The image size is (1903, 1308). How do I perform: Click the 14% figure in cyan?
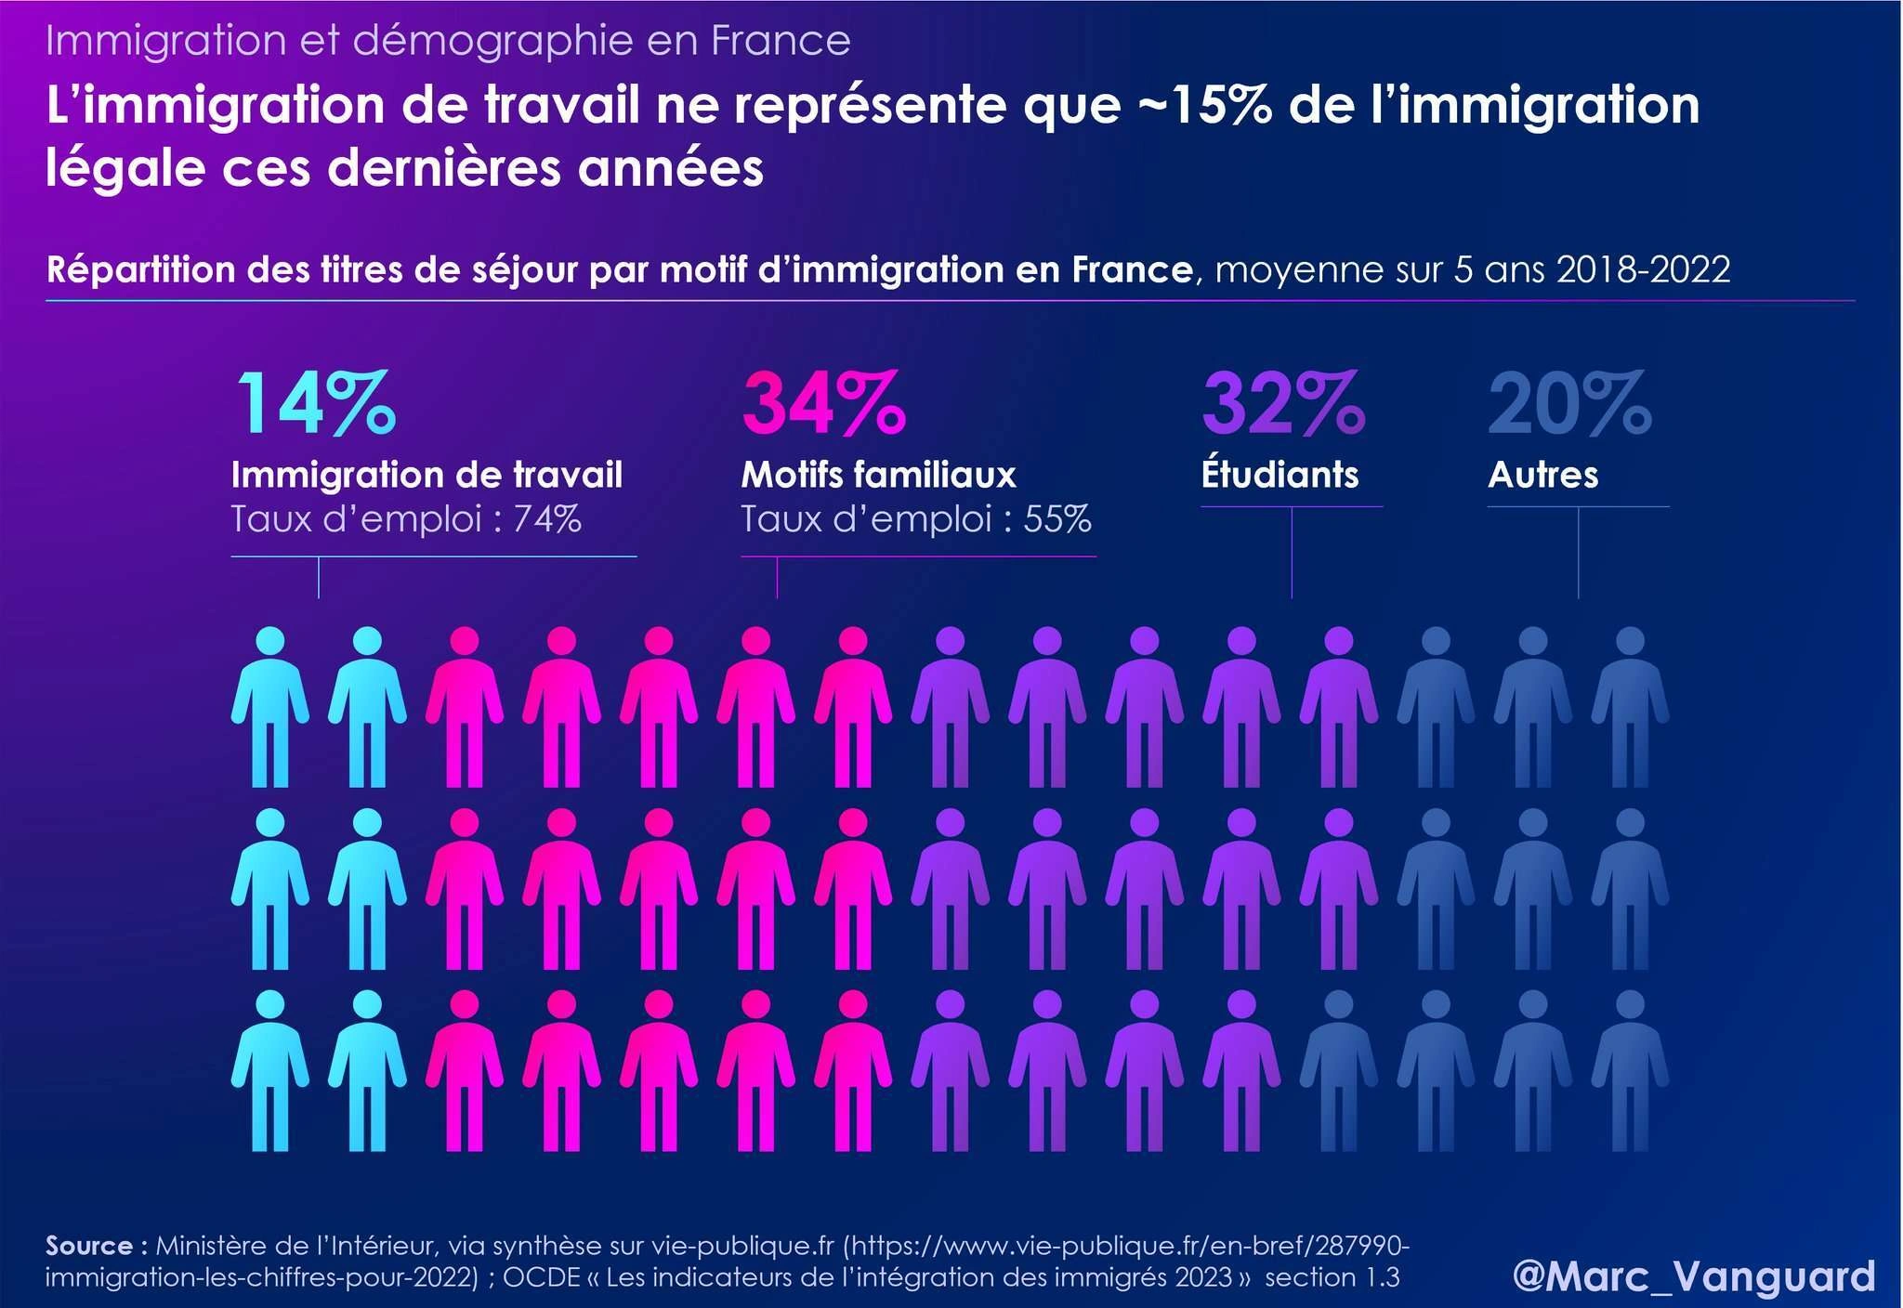317,403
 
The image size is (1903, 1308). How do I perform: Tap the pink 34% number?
823,403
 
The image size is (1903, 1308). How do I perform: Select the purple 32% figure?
1283,403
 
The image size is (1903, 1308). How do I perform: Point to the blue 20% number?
1569,403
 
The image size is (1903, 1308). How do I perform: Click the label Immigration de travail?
427,475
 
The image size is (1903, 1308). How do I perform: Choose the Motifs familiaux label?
878,475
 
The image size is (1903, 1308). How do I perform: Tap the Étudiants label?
1280,475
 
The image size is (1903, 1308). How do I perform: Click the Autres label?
1542,475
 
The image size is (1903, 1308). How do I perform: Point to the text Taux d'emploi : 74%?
406,519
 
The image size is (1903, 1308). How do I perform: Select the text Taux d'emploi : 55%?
915,519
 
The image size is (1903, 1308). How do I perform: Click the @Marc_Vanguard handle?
1693,1276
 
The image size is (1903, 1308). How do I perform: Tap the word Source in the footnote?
89,1246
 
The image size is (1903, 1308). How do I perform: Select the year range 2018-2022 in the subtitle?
1643,270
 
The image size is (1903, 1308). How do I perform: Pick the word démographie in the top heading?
493,41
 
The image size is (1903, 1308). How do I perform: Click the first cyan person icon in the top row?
269,706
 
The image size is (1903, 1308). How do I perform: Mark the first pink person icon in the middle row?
464,888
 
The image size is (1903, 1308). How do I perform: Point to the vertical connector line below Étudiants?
1292,552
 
